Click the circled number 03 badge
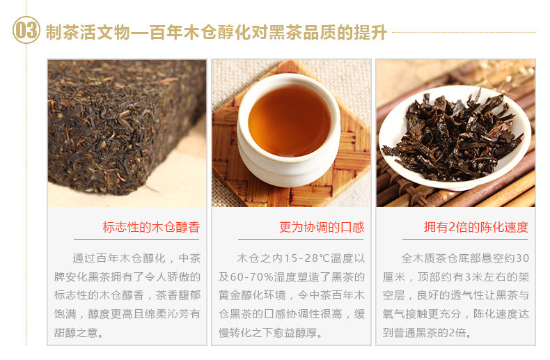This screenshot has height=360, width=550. coord(26,30)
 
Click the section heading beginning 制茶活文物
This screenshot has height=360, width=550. coord(216,32)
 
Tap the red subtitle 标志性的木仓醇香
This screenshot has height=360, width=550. coord(151,228)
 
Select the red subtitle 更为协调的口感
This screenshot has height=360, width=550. coord(322,228)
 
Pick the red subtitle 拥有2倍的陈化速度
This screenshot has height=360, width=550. coord(476,228)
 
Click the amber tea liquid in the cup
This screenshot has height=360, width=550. coord(290,121)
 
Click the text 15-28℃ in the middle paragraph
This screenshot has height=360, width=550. coord(306,258)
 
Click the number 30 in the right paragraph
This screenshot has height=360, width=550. coord(522,258)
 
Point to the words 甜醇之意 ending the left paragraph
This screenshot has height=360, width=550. coord(76,332)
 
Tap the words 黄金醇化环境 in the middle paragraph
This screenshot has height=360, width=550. coord(252,295)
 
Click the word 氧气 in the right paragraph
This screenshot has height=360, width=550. coord(393,314)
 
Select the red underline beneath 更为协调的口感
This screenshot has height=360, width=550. coord(301,240)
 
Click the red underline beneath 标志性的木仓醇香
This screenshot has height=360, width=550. coord(136,240)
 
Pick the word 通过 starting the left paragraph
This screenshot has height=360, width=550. coord(84,258)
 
